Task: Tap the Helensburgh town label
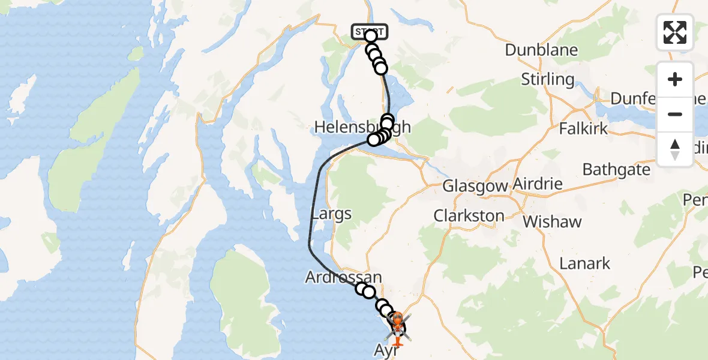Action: pos(362,127)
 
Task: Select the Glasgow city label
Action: pos(475,186)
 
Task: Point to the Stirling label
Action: pos(547,79)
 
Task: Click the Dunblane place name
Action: pos(541,50)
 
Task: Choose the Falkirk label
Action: pos(583,128)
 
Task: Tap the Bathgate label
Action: pos(616,169)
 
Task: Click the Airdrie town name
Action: pos(538,184)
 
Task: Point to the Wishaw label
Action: pos(552,221)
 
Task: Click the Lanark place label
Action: pos(584,263)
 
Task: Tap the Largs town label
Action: pos(331,214)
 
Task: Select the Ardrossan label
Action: pos(343,277)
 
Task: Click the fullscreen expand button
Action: pos(675,32)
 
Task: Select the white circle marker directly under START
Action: pos(370,37)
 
